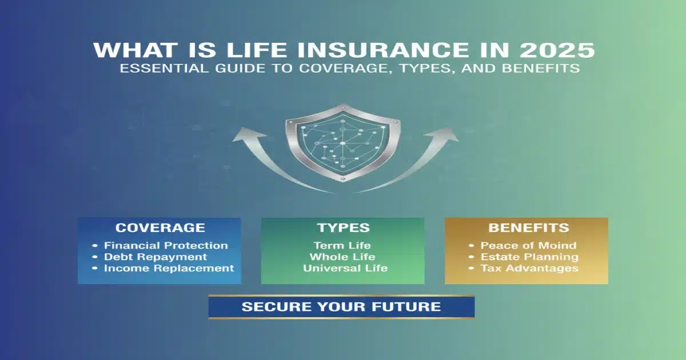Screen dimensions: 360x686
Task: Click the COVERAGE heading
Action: click(160, 227)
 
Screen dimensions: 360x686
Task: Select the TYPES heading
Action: click(343, 227)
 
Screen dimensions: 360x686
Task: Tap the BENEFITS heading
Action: click(527, 227)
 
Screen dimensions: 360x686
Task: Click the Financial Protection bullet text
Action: click(166, 246)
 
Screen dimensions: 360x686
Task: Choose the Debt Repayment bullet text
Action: click(155, 257)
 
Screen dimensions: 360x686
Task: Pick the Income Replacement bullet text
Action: click(169, 268)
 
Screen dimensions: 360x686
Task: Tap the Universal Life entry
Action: click(345, 268)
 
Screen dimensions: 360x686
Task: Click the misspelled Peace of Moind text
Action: click(528, 246)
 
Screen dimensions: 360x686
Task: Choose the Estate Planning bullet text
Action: click(529, 257)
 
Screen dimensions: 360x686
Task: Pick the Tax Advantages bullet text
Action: click(529, 268)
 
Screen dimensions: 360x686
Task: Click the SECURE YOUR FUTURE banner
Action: click(341, 307)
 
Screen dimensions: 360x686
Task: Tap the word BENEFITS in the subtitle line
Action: click(540, 69)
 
